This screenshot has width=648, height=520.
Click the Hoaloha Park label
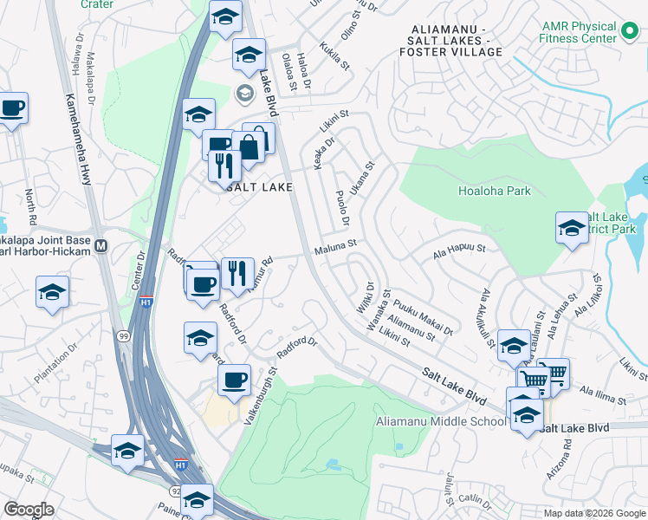point(494,191)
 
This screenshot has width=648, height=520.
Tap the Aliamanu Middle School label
point(440,422)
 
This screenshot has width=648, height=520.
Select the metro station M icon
point(101,246)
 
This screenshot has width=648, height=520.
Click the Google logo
point(29,510)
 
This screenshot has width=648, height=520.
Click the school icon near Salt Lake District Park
point(572,230)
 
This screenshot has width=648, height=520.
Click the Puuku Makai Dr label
point(423,318)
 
